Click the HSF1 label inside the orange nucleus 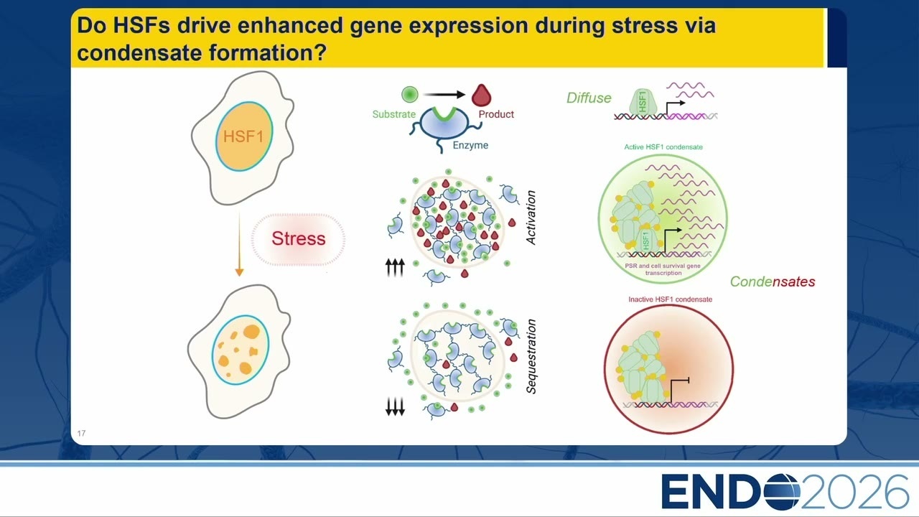click(243, 136)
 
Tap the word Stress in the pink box click(298, 238)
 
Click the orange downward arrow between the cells click(239, 244)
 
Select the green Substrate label click(394, 114)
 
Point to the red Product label click(496, 114)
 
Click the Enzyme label click(470, 145)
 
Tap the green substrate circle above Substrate click(409, 94)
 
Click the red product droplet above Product click(481, 95)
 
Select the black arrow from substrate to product click(444, 95)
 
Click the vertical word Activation click(531, 218)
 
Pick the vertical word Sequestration click(531, 357)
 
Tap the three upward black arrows click(395, 267)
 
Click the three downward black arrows click(395, 406)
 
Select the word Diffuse click(589, 98)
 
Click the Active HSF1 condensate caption click(663, 147)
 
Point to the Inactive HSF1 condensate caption click(671, 299)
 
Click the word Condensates click(773, 281)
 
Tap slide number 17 click(81, 433)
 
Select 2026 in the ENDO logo click(854, 491)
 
